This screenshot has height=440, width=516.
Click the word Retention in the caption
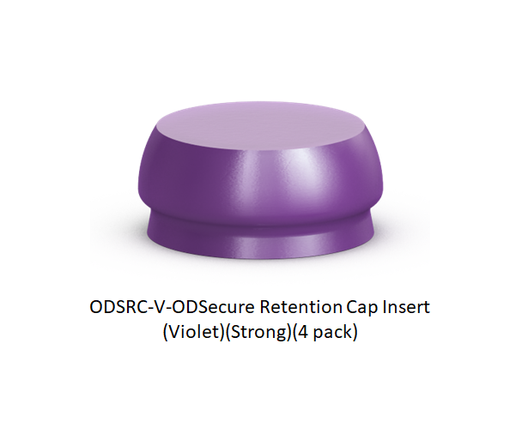tap(300, 307)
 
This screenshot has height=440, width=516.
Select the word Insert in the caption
tap(406, 307)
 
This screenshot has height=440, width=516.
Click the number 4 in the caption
tap(303, 333)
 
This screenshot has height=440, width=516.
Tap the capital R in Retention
tap(265, 307)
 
